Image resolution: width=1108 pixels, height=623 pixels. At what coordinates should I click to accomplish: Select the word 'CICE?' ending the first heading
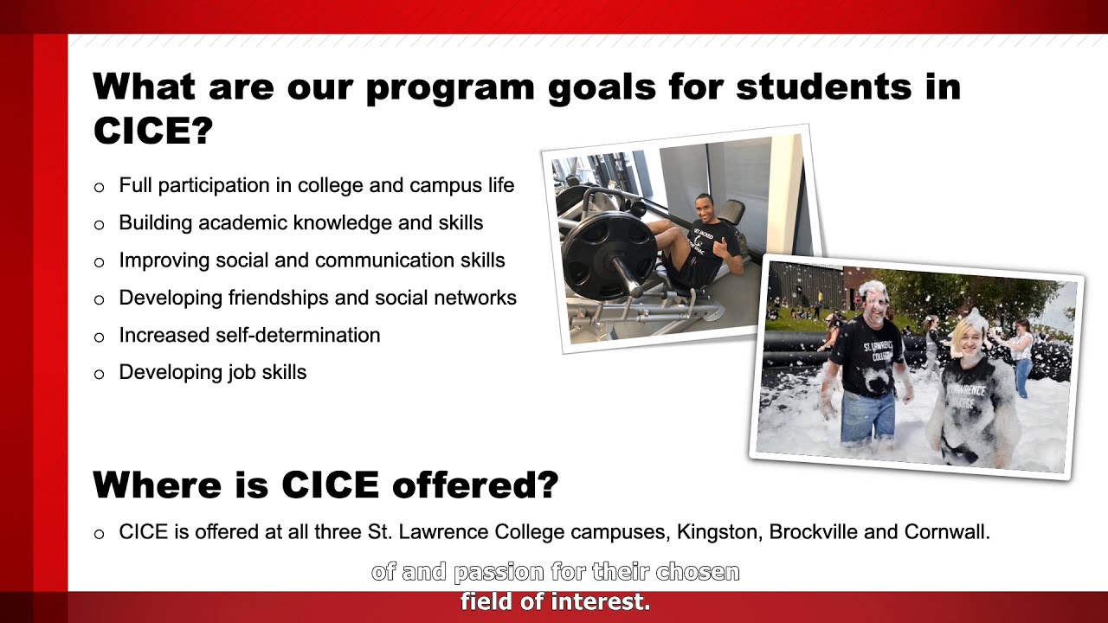tap(152, 131)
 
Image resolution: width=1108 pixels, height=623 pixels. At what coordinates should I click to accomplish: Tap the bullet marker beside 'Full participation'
tap(99, 187)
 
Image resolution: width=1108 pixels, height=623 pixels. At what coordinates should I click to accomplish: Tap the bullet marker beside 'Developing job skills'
tap(99, 374)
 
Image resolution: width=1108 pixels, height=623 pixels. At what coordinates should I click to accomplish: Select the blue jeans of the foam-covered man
tap(867, 417)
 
